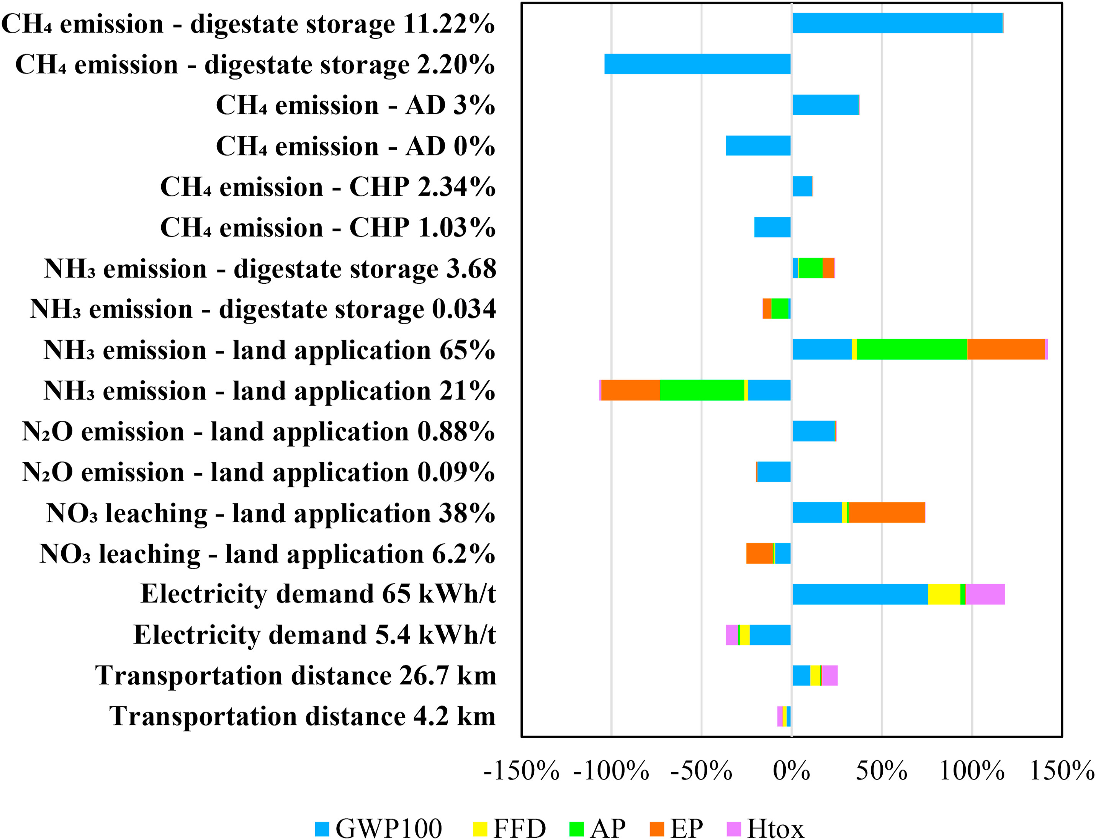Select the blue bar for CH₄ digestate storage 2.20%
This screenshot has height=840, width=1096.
coord(697,64)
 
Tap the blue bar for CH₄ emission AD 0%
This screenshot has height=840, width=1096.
coord(758,145)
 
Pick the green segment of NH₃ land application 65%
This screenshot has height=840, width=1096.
coord(911,349)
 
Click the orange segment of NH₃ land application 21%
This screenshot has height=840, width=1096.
coord(630,390)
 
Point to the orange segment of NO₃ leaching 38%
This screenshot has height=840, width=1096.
coord(887,513)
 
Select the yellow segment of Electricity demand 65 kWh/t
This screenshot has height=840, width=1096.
coord(944,594)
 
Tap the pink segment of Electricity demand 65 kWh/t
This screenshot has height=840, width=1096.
coord(985,594)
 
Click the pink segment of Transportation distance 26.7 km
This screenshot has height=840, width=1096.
coord(829,675)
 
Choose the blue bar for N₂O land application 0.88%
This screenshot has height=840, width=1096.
coord(813,431)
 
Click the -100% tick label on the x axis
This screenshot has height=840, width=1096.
coord(611,770)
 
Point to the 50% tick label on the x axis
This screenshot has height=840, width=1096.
coord(882,770)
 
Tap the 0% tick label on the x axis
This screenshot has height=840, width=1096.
coord(792,770)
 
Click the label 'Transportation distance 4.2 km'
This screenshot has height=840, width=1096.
coord(303,716)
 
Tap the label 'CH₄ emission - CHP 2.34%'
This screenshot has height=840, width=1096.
coord(327,187)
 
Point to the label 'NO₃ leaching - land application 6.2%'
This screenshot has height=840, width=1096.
coord(268,554)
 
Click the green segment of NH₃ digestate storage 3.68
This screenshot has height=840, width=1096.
coord(810,268)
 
